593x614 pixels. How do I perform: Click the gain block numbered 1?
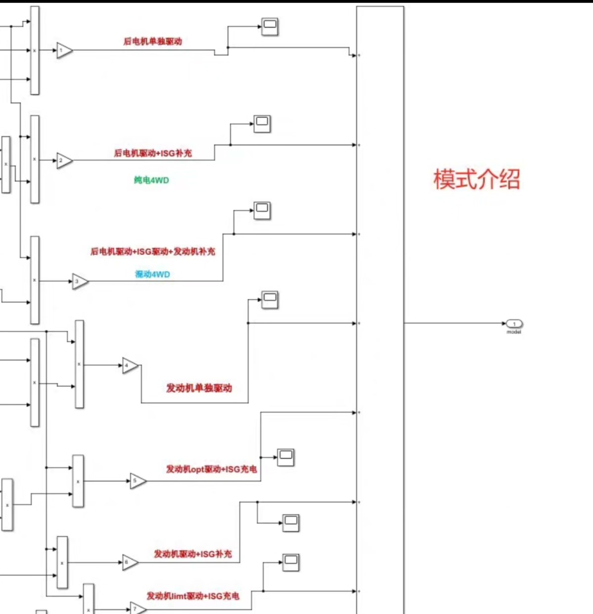[64, 50]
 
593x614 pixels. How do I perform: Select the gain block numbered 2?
[64, 161]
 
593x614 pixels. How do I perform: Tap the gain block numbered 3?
[80, 281]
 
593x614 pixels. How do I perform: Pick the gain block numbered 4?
[130, 366]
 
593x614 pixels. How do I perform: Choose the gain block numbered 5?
[137, 481]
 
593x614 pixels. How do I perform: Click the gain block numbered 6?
[130, 563]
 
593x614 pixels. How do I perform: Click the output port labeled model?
[514, 324]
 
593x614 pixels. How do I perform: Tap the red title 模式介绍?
[477, 179]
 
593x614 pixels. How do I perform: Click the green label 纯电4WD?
[151, 180]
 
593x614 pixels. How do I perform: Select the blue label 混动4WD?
[152, 274]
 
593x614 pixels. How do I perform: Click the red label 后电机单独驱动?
[153, 42]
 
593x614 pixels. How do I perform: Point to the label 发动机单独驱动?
[199, 388]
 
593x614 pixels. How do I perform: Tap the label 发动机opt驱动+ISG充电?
[211, 469]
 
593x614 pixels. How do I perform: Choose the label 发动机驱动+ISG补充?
[193, 554]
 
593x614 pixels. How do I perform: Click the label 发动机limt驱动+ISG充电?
[193, 596]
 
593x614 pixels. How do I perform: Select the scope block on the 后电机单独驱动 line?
[270, 27]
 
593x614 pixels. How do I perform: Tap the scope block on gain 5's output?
[285, 457]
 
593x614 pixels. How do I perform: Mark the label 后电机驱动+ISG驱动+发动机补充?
[153, 252]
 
